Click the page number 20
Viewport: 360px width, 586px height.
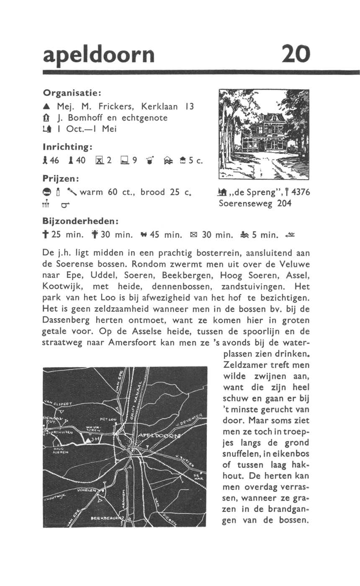tap(296, 54)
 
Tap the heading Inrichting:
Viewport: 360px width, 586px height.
tap(67, 147)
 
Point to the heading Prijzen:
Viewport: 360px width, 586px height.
tap(62, 178)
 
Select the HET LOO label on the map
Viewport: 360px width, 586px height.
tap(108, 419)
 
